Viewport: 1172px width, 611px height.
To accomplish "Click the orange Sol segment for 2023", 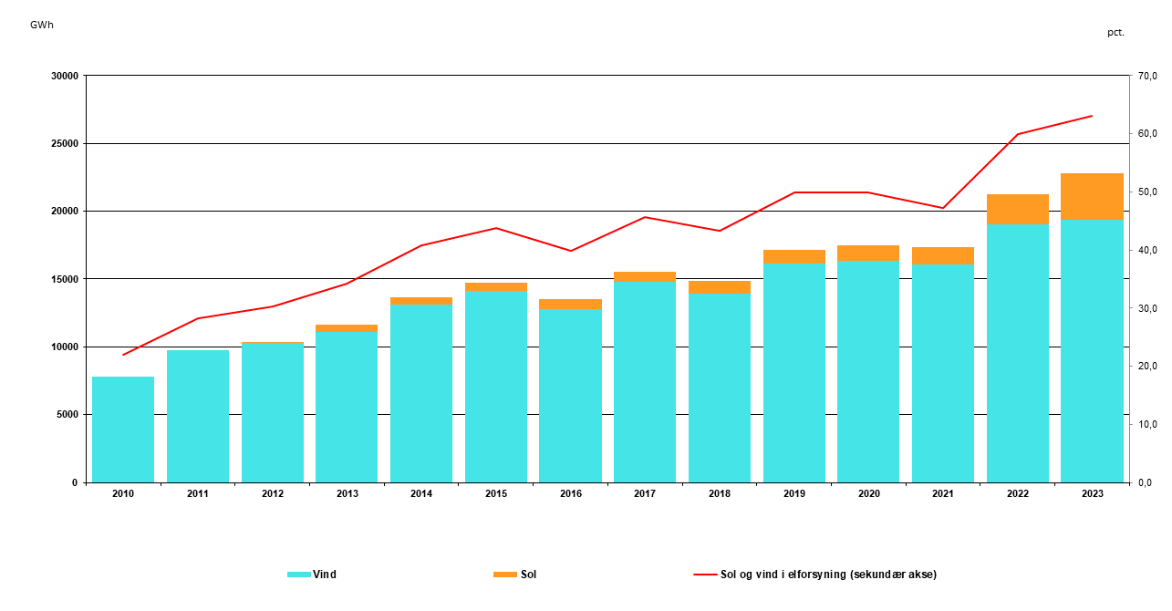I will coord(1092,196).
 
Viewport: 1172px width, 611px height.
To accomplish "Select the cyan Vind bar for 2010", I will coord(123,429).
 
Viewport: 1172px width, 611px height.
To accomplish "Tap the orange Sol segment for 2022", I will coord(1017,209).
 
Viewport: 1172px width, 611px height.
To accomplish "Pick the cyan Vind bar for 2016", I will coord(570,396).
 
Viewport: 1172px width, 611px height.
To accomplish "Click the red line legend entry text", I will coord(828,575).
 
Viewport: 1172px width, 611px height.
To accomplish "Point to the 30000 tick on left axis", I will coord(63,76).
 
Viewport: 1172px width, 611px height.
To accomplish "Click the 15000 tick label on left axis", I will coord(63,279).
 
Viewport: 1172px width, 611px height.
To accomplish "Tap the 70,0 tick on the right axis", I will coord(1146,76).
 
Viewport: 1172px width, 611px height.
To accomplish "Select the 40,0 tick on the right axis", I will coord(1146,250).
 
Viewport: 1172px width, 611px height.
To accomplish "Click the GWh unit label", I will coord(42,25).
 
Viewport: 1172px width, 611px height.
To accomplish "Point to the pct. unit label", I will coord(1116,32).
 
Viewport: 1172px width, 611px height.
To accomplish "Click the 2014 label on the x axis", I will coord(421,493).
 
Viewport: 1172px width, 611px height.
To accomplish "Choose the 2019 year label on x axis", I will coord(793,493).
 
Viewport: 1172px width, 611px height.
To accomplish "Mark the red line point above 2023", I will coord(1092,116).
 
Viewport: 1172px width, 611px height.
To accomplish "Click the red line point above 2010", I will coord(123,355).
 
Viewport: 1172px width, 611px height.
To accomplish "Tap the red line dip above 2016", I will coord(570,251).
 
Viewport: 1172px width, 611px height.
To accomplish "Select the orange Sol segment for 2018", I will coord(720,286).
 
